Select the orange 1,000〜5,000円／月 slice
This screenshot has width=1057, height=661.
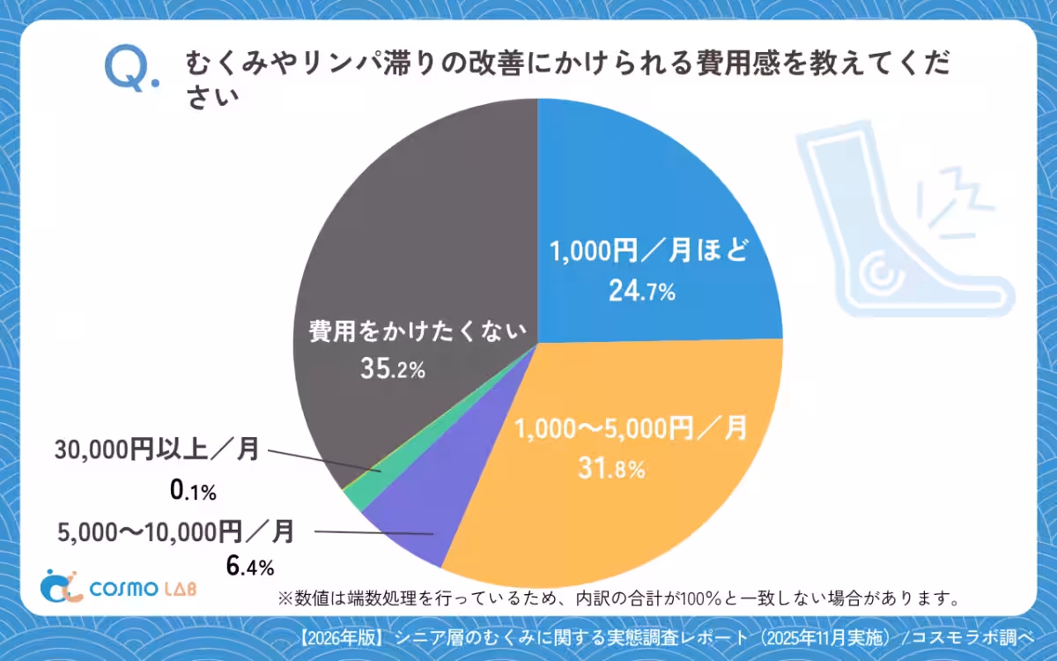(617, 494)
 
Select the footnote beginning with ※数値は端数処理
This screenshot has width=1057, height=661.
(617, 599)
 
